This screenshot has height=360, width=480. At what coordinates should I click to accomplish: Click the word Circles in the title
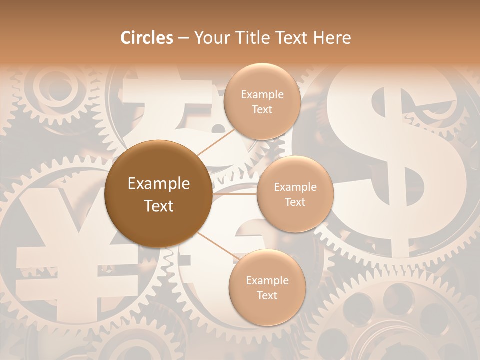click(146, 38)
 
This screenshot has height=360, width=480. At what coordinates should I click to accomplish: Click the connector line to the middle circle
click(235, 194)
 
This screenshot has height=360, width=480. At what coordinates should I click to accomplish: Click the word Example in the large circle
click(159, 184)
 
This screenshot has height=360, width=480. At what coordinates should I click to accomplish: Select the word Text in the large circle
click(159, 206)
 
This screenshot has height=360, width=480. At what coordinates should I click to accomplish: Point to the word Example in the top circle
click(262, 95)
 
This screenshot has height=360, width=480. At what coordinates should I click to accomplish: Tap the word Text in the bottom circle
click(267, 295)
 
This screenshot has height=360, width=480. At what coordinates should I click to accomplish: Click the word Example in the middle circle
click(295, 187)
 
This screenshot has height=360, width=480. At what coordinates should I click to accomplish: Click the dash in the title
click(183, 38)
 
